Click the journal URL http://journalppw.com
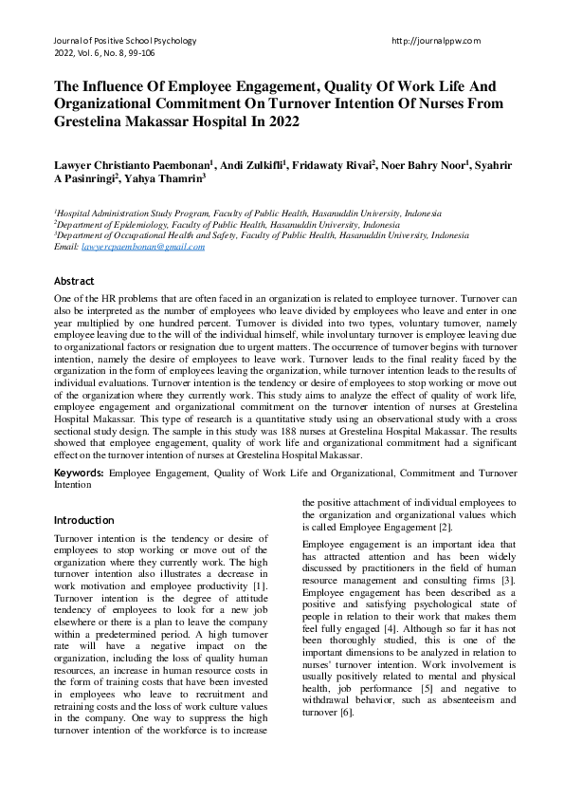435,41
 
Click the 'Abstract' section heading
74,281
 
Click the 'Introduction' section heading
84,520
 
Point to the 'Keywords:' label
80,472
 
